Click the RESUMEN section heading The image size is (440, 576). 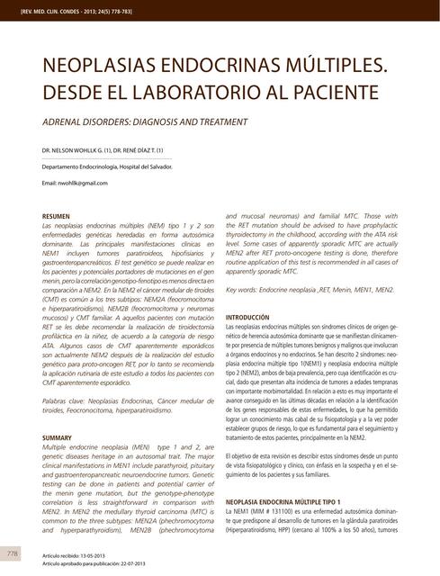tap(58, 216)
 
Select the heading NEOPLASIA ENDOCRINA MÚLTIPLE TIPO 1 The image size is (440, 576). tap(295, 500)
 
